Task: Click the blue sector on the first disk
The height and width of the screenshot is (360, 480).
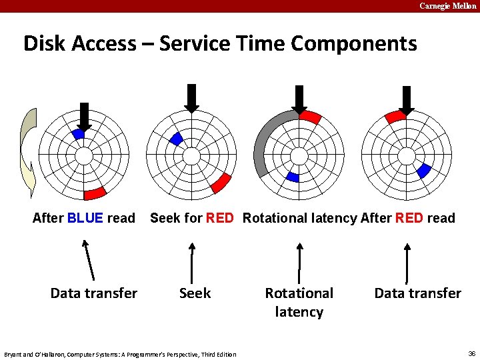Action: click(79, 134)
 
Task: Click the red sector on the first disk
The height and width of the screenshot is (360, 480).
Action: click(95, 193)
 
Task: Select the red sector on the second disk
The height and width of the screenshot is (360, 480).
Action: click(221, 182)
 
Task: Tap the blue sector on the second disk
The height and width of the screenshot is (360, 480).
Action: click(177, 139)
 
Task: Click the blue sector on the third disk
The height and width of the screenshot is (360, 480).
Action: click(293, 177)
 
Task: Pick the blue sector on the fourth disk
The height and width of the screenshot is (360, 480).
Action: click(423, 171)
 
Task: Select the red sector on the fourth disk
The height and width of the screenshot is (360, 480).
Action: click(395, 117)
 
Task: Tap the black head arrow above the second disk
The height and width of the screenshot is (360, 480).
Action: click(191, 98)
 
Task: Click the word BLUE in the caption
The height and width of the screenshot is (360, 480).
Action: click(85, 218)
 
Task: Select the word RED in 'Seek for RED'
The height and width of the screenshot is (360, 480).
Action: click(220, 218)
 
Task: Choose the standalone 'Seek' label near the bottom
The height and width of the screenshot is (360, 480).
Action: click(195, 293)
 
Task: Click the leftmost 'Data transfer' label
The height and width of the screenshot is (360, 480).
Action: click(94, 293)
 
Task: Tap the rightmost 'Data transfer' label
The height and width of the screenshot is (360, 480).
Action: click(417, 293)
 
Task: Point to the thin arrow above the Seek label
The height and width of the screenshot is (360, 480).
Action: click(192, 263)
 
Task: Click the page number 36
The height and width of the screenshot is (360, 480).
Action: click(471, 353)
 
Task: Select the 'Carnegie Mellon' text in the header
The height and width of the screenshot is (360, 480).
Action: click(447, 6)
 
